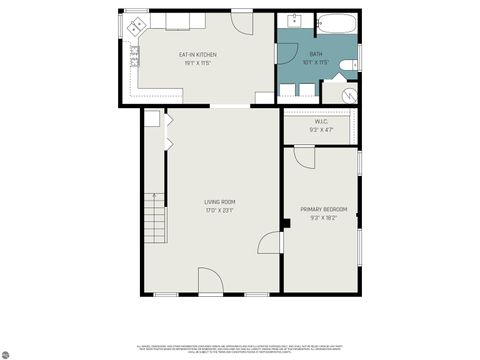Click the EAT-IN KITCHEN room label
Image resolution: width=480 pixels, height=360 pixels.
[x=197, y=54]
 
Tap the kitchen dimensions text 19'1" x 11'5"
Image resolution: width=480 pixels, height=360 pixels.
[x=197, y=63]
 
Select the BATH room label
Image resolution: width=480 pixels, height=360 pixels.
[x=315, y=54]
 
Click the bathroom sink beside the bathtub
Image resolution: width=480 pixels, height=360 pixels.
[x=296, y=21]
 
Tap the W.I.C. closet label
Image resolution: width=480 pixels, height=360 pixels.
[x=321, y=122]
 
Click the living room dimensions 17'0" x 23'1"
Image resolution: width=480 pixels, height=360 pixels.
[x=210, y=210]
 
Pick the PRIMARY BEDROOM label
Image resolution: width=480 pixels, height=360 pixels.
[x=322, y=209]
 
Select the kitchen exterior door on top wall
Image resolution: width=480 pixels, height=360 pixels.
[x=242, y=20]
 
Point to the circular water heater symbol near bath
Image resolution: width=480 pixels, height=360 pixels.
[x=351, y=95]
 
